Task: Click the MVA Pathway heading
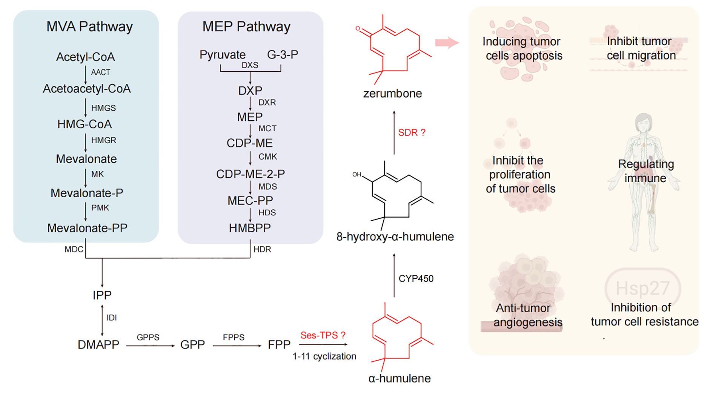click(x=89, y=27)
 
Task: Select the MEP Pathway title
click(x=246, y=27)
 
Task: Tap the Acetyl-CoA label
click(x=85, y=57)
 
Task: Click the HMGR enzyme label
click(x=103, y=140)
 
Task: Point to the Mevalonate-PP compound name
click(x=87, y=228)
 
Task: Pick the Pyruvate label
click(x=223, y=55)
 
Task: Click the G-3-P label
click(x=283, y=55)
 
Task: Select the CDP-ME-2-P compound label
click(x=250, y=174)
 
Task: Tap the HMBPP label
click(x=250, y=228)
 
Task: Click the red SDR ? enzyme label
click(x=412, y=133)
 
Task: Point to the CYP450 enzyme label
click(x=416, y=279)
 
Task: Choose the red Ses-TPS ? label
click(x=323, y=335)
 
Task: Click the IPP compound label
click(x=102, y=295)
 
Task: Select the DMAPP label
click(x=98, y=345)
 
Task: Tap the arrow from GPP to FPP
click(x=237, y=346)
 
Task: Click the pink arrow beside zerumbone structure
click(x=447, y=43)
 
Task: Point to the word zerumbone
click(x=392, y=94)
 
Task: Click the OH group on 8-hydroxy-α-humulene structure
click(x=356, y=174)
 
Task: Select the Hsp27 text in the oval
click(x=642, y=289)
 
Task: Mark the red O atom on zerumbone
click(x=358, y=29)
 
